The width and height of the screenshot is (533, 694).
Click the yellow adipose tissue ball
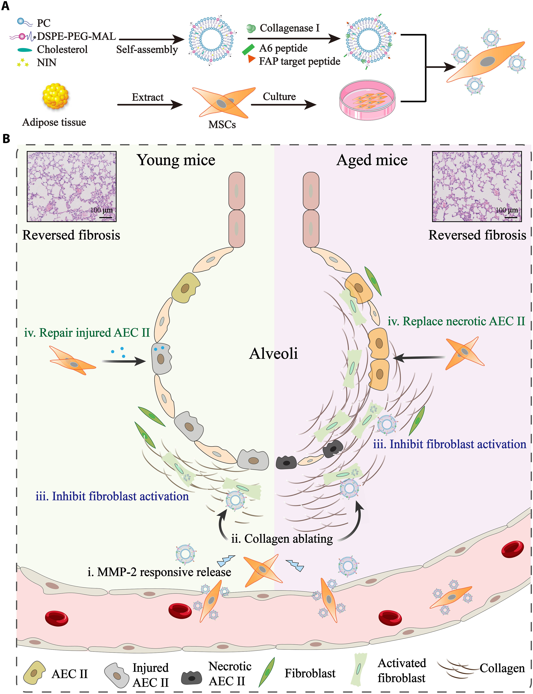[x=55, y=96]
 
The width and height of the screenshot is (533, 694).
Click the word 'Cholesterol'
[x=62, y=50]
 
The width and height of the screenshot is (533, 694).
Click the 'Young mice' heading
[x=176, y=160]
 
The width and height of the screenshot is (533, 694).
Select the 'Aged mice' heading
[x=372, y=160]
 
